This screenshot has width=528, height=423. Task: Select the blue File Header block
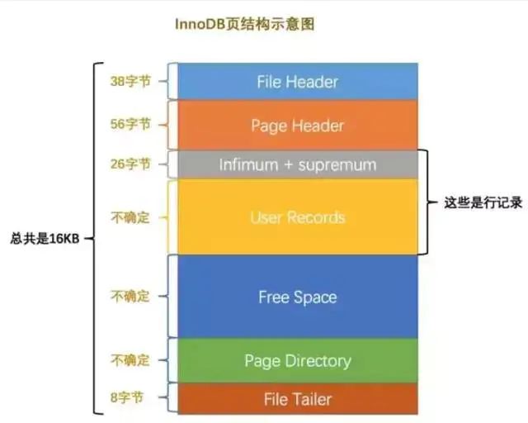point(297,82)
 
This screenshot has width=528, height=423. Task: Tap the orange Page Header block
point(297,126)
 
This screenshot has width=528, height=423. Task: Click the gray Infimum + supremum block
point(297,165)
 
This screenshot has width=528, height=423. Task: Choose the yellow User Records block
point(297,218)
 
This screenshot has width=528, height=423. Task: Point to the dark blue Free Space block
point(297,297)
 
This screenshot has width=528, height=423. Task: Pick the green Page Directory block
point(297,361)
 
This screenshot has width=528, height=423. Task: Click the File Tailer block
point(297,399)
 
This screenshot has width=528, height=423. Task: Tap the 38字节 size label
point(130,82)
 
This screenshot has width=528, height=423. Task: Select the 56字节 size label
point(130,125)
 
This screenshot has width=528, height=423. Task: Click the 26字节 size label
point(130,164)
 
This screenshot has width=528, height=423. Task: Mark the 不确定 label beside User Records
point(130,218)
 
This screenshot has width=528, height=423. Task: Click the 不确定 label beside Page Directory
point(130,361)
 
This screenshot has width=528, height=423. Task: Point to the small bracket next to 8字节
point(171,398)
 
